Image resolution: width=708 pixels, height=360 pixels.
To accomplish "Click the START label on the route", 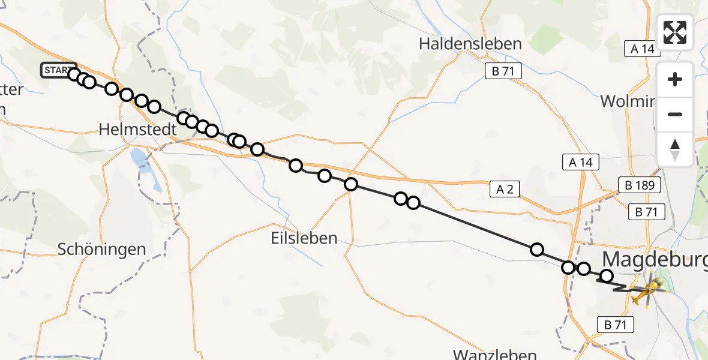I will [x=58, y=70].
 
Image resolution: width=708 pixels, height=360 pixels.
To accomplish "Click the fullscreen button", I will [x=675, y=32].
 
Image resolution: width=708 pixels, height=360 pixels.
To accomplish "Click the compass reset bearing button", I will [x=675, y=149].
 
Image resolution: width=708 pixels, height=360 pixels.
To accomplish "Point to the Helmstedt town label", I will [x=137, y=129].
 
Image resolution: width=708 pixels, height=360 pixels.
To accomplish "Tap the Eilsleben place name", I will [x=303, y=238].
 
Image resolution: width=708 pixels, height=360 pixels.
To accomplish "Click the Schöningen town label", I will [x=102, y=250].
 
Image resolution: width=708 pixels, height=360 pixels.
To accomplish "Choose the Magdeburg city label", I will [x=654, y=260].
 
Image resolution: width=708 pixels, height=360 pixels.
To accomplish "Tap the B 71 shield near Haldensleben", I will [x=503, y=71].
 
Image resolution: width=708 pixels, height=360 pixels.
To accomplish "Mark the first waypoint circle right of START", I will [x=74, y=74].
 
